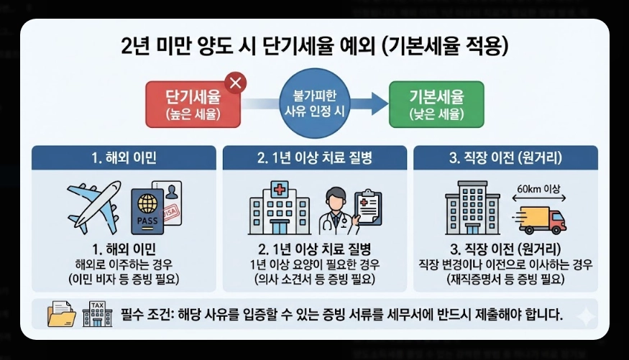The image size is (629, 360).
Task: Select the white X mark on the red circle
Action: coord(235,83)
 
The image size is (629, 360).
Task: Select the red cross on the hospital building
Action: coord(278,190)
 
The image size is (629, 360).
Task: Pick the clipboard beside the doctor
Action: coord(369,208)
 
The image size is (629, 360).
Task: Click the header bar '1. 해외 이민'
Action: coord(124,157)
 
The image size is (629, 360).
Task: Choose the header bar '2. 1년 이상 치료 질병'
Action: coord(314,157)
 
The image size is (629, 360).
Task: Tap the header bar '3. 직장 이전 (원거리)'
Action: coord(505,157)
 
